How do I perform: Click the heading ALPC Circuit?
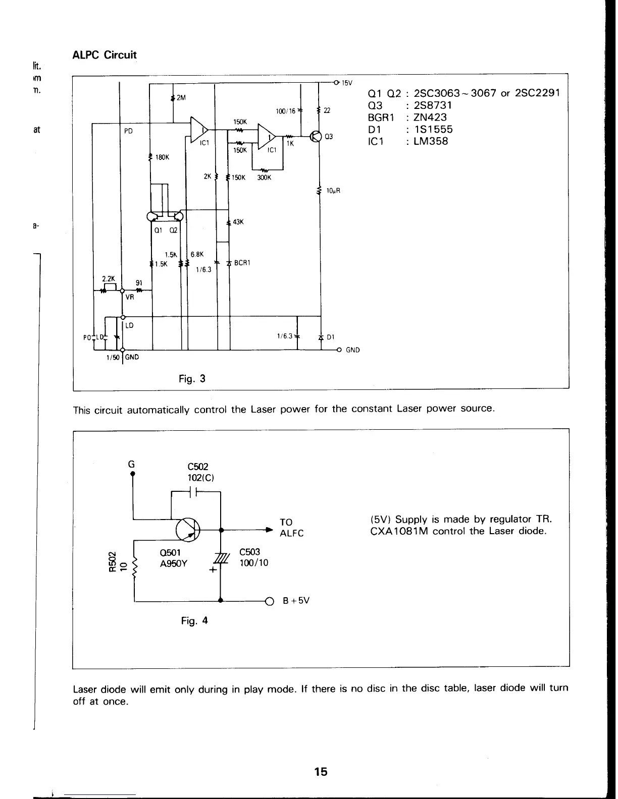[x=105, y=55]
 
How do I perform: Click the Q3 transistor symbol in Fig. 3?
[x=316, y=137]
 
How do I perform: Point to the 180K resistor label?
[x=162, y=157]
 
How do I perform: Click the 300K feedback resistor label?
[x=264, y=177]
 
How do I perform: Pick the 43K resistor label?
[x=238, y=222]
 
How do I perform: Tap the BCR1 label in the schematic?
[x=243, y=263]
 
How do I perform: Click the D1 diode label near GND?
[x=331, y=337]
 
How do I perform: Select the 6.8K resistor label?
[x=196, y=254]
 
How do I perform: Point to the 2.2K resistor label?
[x=109, y=278]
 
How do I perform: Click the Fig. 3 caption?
[x=192, y=378]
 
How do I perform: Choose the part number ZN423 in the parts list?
[x=430, y=117]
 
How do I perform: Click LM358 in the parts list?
[x=431, y=141]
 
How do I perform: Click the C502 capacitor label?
[x=197, y=467]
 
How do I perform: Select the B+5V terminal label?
[x=296, y=601]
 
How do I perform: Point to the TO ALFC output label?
[x=292, y=528]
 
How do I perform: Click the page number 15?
[x=321, y=771]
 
